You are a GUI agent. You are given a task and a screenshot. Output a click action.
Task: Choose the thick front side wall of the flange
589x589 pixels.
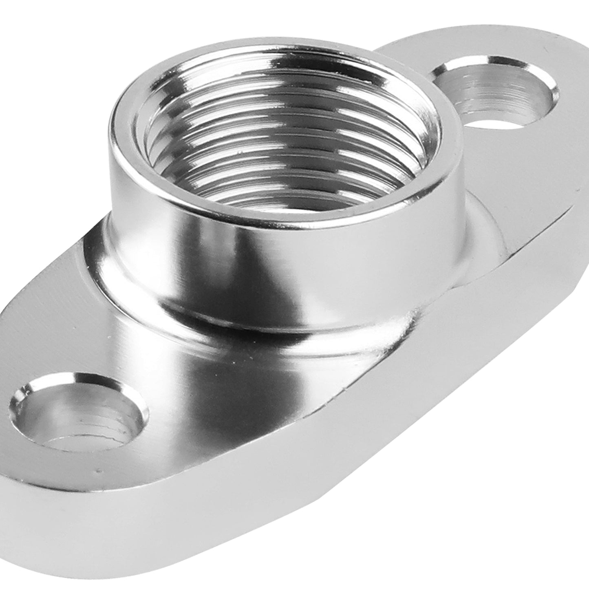click(x=285, y=510)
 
